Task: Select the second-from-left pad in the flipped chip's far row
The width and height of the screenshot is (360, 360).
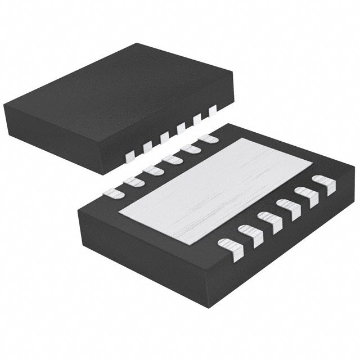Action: click(133, 181)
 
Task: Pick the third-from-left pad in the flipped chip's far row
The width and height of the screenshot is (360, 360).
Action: click(151, 170)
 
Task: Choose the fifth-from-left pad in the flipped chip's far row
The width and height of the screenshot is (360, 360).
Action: click(190, 148)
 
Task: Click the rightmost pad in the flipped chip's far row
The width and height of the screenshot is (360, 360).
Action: click(208, 138)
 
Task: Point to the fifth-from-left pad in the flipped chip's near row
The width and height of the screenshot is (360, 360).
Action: click(306, 195)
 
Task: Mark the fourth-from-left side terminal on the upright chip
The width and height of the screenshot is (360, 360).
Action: click(181, 129)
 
